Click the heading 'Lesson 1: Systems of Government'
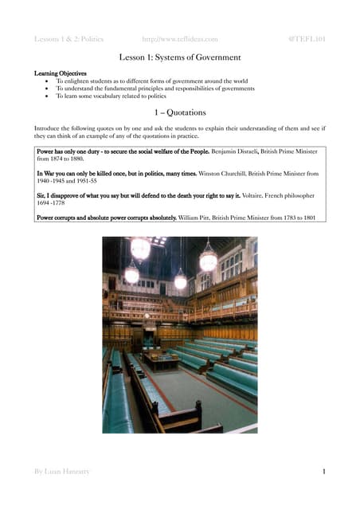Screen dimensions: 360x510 [x=180, y=57]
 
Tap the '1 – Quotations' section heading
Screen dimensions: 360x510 [x=180, y=113]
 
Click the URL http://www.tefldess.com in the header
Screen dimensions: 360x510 [x=179, y=38]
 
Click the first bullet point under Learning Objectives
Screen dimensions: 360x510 [x=49, y=81]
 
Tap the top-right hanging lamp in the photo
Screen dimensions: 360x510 [x=208, y=260]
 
